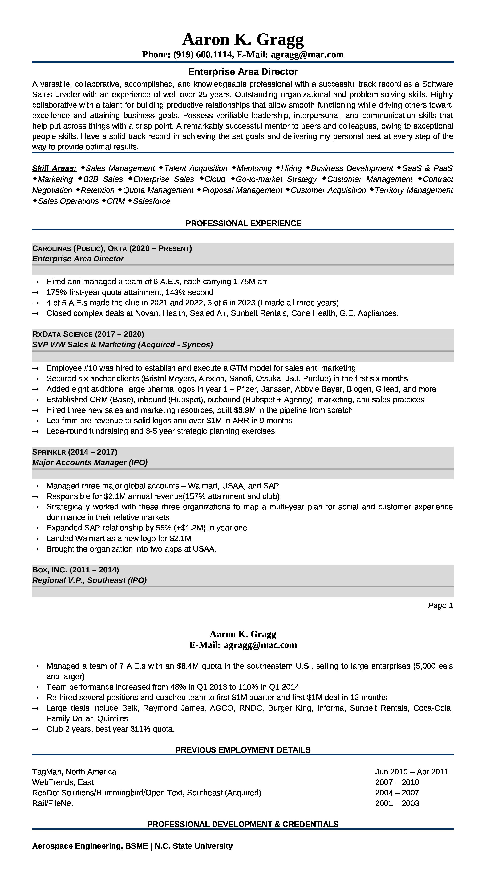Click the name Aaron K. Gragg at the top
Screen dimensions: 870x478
coord(243,40)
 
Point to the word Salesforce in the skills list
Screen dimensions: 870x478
coord(152,201)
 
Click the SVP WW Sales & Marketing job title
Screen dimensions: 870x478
coord(122,345)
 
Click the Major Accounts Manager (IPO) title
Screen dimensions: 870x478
coord(90,463)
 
